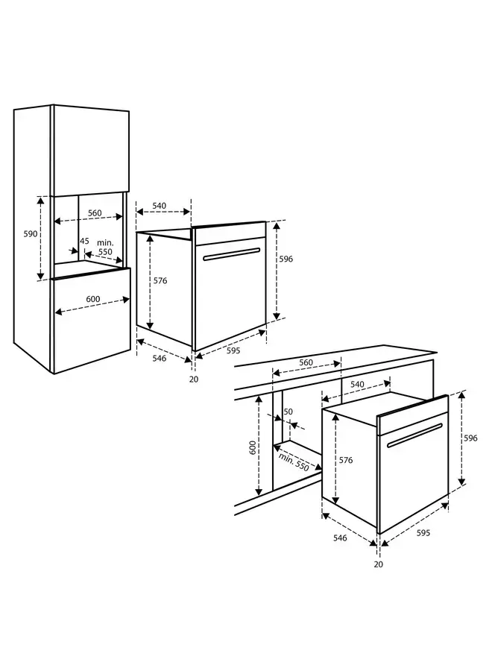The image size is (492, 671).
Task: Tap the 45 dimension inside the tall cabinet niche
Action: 84,241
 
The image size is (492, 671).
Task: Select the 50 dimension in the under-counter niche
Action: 288,412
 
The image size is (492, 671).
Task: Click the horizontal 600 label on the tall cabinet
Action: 92,299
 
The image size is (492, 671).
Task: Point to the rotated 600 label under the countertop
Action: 253,447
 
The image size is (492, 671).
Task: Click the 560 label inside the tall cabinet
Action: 95,213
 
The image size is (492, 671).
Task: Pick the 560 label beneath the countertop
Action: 306,363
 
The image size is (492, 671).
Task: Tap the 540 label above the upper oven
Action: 159,205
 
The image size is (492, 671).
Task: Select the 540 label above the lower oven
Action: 357,385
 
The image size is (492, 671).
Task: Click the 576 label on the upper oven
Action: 160,281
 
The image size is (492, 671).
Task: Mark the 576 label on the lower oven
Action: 345,460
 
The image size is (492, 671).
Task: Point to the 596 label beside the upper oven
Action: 286,259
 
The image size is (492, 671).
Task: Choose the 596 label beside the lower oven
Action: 470,438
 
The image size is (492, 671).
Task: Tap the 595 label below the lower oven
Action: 423,533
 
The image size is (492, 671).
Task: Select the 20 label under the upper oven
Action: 194,379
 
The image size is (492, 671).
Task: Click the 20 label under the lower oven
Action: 378,564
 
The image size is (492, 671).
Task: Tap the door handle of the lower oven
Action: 414,435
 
